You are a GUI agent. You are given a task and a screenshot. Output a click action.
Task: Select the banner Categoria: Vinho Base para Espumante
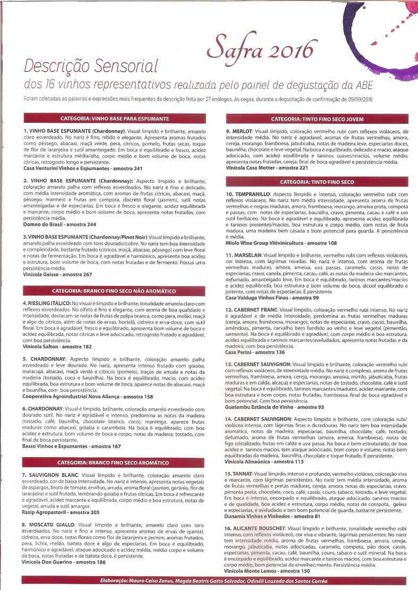(x=115, y=118)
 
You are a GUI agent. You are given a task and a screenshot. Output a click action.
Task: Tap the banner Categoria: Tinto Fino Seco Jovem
(x=317, y=119)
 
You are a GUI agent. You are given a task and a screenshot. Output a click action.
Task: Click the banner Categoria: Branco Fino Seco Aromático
(x=115, y=463)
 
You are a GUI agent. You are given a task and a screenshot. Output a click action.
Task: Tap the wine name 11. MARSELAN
(x=244, y=255)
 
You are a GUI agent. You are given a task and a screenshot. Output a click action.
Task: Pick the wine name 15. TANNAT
(x=239, y=473)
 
